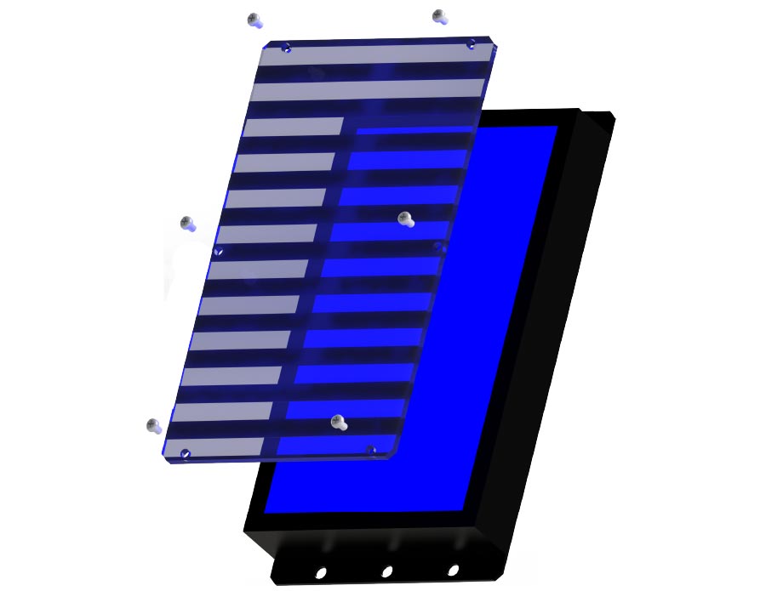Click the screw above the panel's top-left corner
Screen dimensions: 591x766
(x=254, y=19)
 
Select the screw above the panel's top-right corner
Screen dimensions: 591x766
(x=439, y=15)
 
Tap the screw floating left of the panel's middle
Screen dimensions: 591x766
(x=187, y=224)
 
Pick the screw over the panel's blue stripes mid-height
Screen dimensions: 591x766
(x=405, y=219)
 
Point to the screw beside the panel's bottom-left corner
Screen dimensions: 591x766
(x=154, y=424)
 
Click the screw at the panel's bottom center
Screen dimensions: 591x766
(x=338, y=421)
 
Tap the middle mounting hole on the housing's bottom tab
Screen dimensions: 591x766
(x=386, y=571)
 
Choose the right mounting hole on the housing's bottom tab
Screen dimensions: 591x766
(x=453, y=570)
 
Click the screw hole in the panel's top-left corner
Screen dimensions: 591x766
(x=286, y=48)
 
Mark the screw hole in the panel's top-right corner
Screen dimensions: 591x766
(x=471, y=44)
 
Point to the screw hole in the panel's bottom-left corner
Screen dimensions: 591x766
(x=186, y=454)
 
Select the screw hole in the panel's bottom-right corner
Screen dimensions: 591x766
(x=370, y=450)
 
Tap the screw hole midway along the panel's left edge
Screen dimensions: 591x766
(x=219, y=252)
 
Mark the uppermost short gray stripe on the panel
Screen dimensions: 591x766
(x=294, y=127)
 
